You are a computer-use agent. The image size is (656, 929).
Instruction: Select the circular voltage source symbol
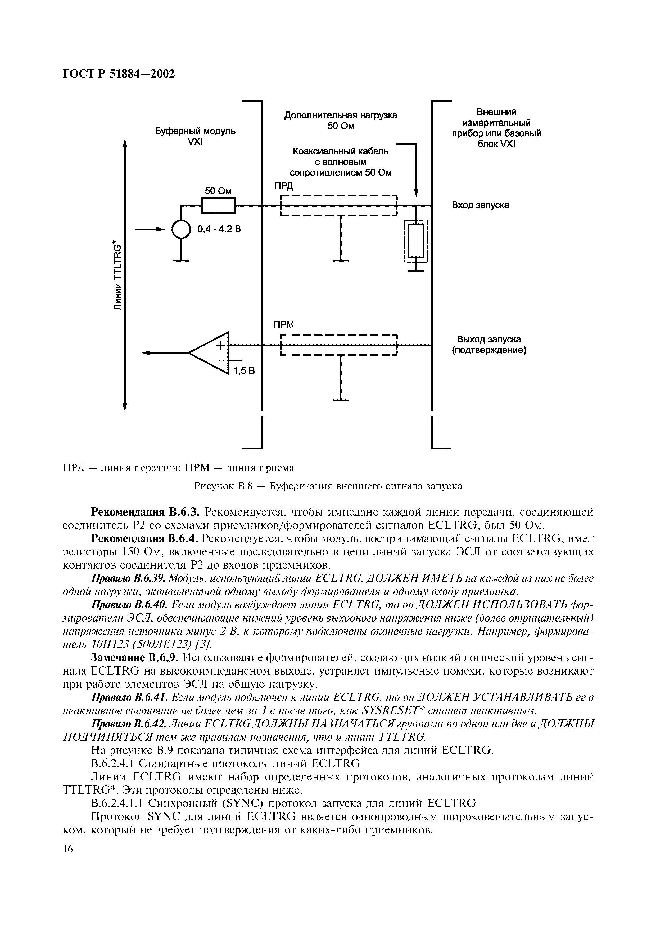click(181, 230)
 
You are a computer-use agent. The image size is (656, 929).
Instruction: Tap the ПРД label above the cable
click(283, 186)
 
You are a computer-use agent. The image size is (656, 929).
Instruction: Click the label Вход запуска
click(480, 205)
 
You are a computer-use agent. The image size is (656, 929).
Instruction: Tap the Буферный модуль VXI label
click(196, 137)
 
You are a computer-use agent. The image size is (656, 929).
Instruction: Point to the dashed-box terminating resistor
click(416, 241)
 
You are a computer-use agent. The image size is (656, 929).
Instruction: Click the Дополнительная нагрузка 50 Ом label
click(341, 120)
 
